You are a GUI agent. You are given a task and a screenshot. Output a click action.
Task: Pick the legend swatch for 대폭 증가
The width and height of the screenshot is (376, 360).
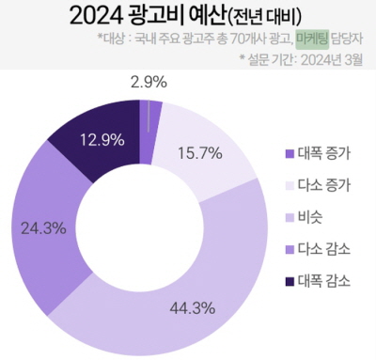tap(288, 153)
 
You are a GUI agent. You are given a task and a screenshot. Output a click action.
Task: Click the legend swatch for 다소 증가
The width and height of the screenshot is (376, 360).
tap(288, 185)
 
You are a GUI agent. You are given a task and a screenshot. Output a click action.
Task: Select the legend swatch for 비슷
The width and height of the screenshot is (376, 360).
tap(288, 217)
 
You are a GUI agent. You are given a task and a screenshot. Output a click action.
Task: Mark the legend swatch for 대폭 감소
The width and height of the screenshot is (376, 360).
tap(288, 281)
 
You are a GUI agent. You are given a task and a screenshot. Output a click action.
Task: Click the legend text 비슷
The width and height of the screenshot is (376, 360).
tap(311, 217)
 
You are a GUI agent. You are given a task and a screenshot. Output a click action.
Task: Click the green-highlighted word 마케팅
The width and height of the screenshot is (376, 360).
tap(311, 39)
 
